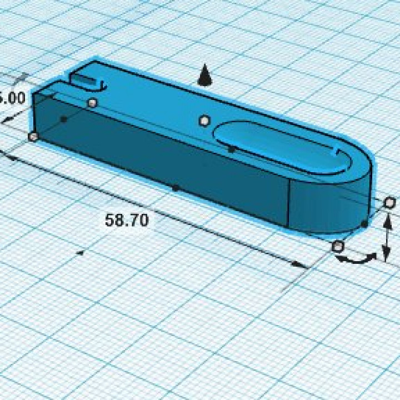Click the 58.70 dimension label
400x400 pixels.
127,220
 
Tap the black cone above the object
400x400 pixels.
205,75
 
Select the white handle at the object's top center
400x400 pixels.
204,120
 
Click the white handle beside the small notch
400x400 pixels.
92,103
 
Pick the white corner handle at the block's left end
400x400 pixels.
33,136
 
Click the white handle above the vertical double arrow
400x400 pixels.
390,201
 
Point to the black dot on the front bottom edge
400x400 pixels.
175,188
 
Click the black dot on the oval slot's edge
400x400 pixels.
231,149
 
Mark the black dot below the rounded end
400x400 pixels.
364,223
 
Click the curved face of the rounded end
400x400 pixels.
328,206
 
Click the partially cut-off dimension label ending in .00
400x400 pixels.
12,98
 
